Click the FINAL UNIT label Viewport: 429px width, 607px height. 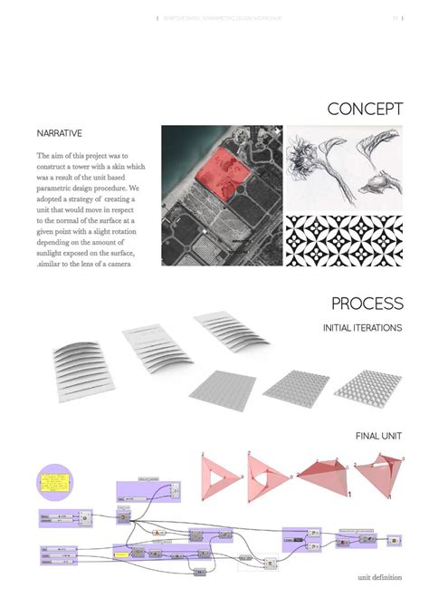click(379, 436)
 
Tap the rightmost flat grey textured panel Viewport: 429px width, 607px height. click(367, 384)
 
